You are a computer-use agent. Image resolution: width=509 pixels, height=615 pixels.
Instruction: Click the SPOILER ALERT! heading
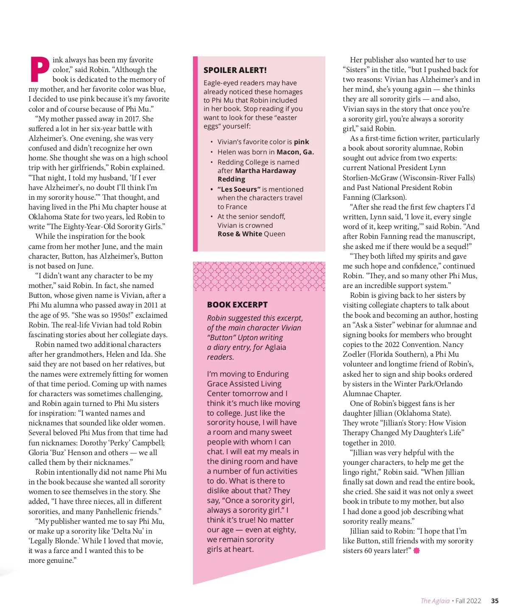(x=235, y=70)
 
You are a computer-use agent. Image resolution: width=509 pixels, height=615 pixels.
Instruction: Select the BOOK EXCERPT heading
(x=237, y=305)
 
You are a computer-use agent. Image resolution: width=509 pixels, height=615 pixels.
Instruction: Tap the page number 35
(x=495, y=601)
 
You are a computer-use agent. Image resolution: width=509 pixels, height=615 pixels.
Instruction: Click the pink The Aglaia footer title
(x=435, y=601)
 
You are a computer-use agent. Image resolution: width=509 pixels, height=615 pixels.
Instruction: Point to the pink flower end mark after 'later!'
(x=417, y=551)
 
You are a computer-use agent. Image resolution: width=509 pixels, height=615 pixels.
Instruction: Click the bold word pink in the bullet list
(x=301, y=142)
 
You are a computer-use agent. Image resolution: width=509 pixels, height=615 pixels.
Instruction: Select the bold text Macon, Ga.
(x=295, y=152)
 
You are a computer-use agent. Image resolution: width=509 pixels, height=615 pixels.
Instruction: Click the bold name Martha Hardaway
(x=266, y=171)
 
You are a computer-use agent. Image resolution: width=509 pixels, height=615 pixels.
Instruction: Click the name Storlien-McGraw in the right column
(x=371, y=177)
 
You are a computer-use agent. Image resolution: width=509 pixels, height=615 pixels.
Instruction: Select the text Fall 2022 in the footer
(x=468, y=601)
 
